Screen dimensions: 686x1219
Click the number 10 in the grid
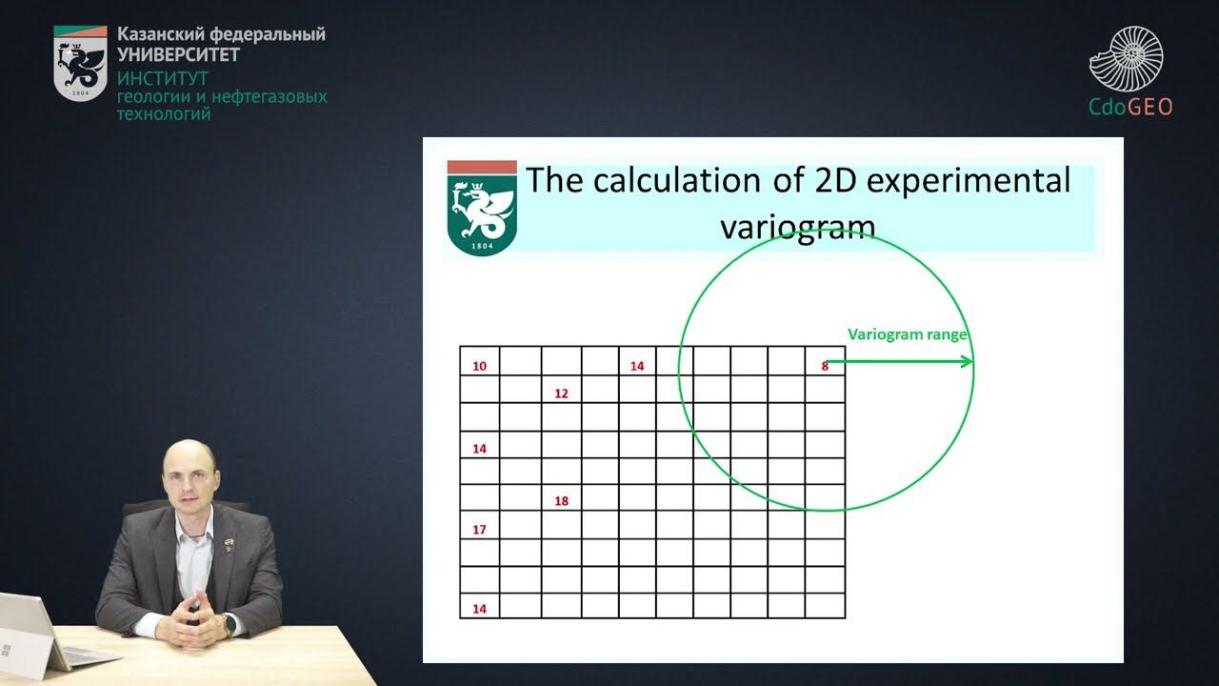coord(479,366)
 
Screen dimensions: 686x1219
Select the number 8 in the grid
coord(825,366)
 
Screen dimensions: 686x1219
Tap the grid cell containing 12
coord(561,393)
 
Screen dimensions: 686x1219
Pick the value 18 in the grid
coord(561,501)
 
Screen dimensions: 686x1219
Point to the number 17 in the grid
coord(479,529)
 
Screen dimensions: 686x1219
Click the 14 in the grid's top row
coord(637,366)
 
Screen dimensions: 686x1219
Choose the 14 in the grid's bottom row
coord(479,608)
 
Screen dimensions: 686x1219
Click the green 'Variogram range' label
coord(908,334)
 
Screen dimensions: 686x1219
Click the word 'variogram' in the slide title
coord(797,227)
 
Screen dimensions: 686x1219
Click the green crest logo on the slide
coord(482,210)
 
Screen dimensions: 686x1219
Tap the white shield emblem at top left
coord(80,63)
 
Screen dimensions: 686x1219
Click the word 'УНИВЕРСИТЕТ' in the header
coord(178,54)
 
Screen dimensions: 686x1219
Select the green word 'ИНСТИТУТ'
coord(163,78)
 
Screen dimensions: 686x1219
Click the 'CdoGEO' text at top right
coord(1130,106)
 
